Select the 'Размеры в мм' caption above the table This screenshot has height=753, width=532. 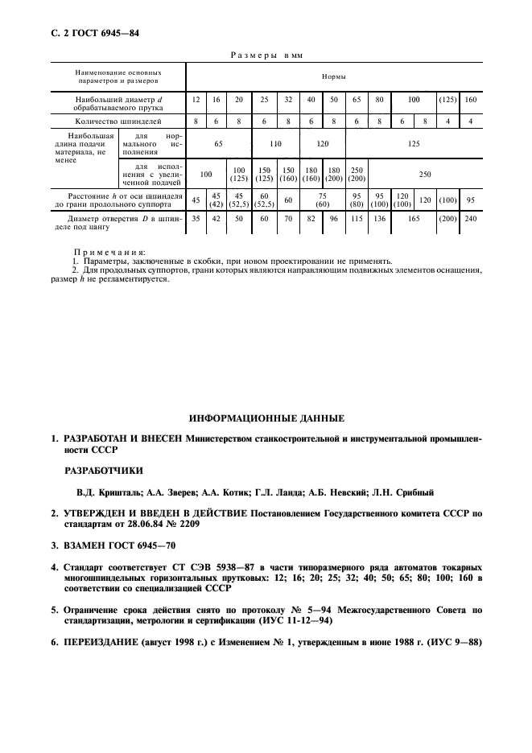(266, 55)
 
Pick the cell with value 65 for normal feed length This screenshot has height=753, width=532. (218, 142)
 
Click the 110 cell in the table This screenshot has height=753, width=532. (274, 142)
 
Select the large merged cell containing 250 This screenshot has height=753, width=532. (424, 173)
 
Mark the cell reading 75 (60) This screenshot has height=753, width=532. (321, 200)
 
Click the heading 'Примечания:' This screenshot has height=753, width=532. (104, 252)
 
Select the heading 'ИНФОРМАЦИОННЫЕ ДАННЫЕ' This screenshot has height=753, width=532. (266, 418)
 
